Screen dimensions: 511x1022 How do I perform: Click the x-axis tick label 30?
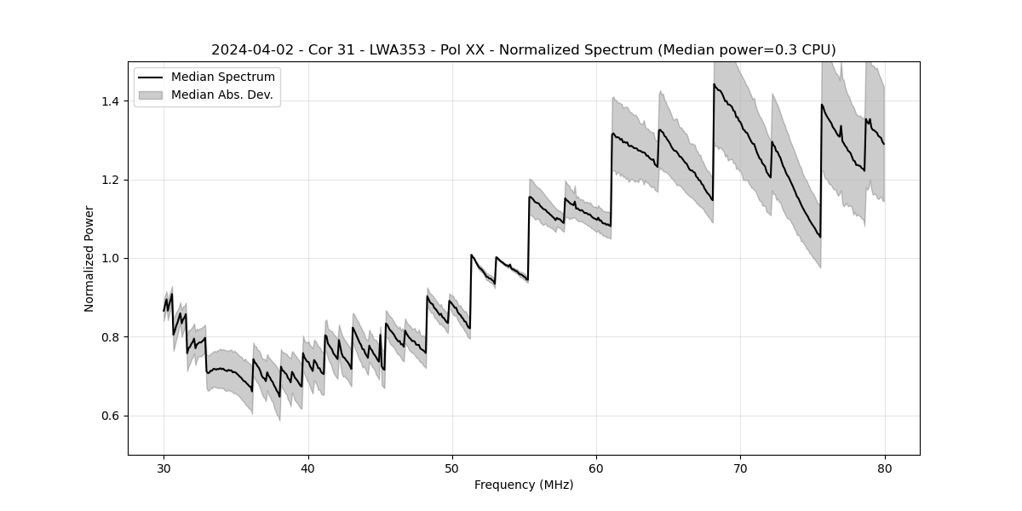click(x=164, y=468)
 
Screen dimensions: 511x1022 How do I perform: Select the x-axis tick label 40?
click(x=308, y=468)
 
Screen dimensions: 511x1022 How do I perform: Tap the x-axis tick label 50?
click(x=452, y=468)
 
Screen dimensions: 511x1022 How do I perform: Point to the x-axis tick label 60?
click(x=596, y=468)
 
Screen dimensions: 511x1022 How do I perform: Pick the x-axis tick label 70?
click(x=740, y=468)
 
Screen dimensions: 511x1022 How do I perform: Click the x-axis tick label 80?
click(x=884, y=468)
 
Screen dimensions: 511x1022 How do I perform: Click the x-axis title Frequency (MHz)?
click(x=524, y=485)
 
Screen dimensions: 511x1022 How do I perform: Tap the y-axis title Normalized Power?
click(x=89, y=258)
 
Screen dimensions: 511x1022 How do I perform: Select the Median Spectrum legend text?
click(x=223, y=78)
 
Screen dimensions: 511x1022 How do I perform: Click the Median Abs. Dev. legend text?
click(x=222, y=95)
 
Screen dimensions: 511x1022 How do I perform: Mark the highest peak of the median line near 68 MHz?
click(x=714, y=84)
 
